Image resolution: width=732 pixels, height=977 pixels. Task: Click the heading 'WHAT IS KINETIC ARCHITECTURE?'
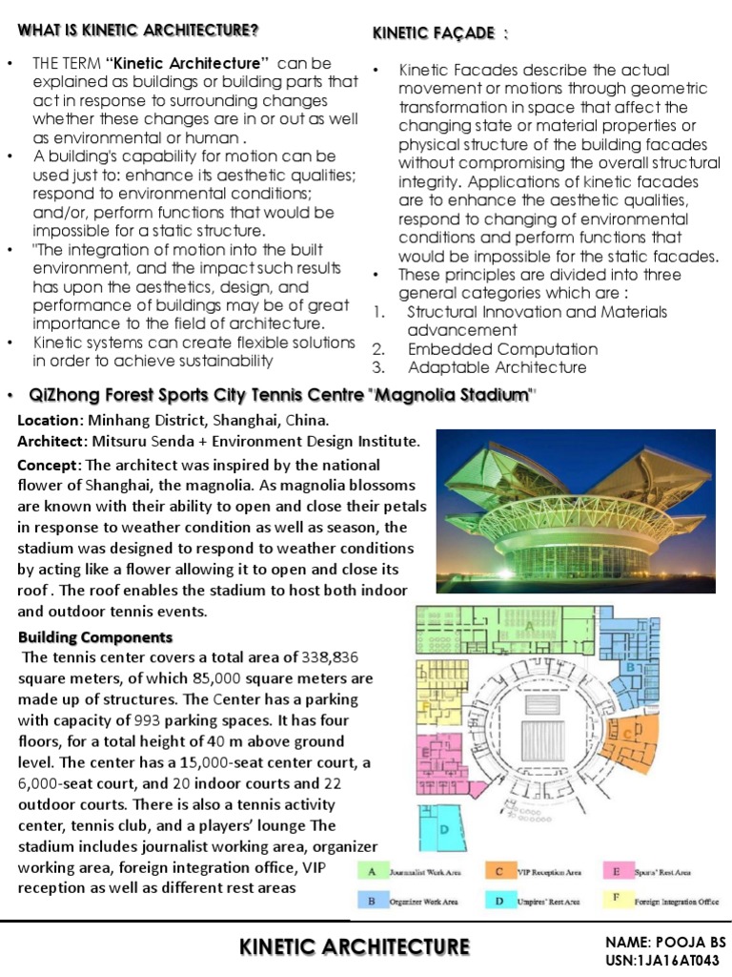pos(138,30)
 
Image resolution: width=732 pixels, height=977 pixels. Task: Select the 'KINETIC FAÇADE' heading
pos(433,34)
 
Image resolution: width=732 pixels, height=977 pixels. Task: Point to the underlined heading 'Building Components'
pos(95,636)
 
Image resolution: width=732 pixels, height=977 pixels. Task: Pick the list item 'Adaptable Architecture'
pos(497,367)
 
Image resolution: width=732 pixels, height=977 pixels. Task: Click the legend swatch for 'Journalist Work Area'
pos(373,871)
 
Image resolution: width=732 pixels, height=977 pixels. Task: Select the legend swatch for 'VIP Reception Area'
pos(499,871)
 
